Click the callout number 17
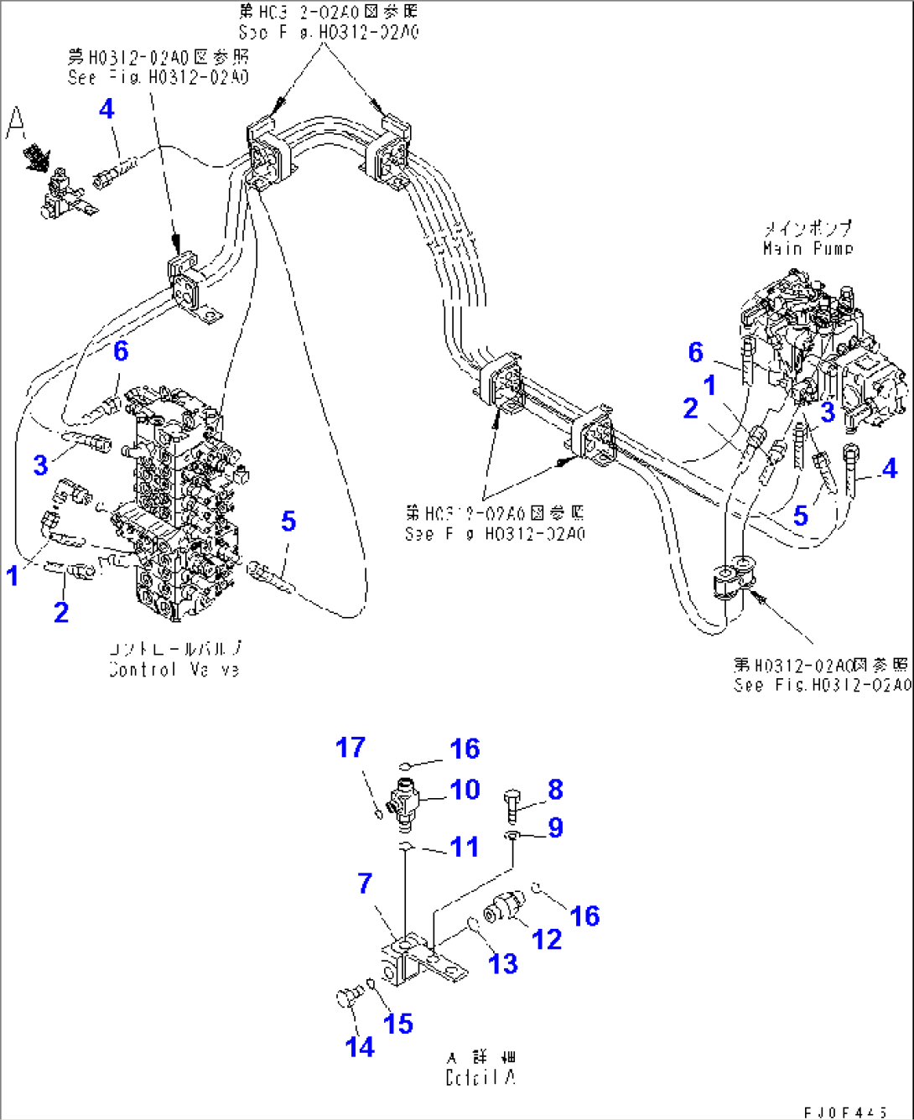click(351, 747)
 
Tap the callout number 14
click(360, 1046)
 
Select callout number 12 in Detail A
click(547, 939)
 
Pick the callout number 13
click(503, 964)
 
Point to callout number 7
click(364, 883)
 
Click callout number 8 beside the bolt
click(555, 789)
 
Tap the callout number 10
click(465, 789)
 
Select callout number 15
click(398, 1023)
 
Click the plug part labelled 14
click(345, 998)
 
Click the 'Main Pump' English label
click(808, 248)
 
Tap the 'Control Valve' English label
click(174, 670)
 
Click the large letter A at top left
click(16, 123)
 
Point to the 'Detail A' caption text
click(480, 1077)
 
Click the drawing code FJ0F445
click(845, 1112)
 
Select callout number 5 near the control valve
click(288, 521)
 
